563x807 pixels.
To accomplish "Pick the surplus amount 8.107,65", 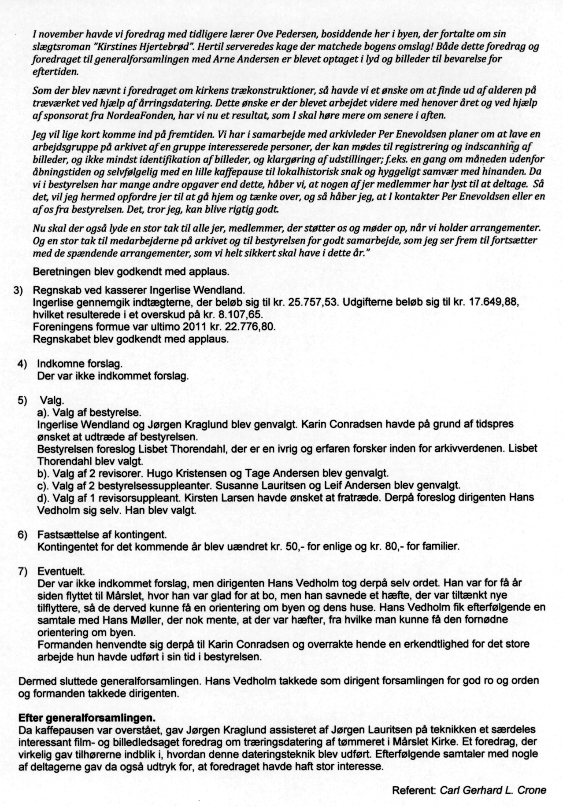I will coord(237,315).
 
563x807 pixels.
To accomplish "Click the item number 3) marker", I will coord(19,291).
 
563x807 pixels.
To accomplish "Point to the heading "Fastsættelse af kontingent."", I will coord(102,535).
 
